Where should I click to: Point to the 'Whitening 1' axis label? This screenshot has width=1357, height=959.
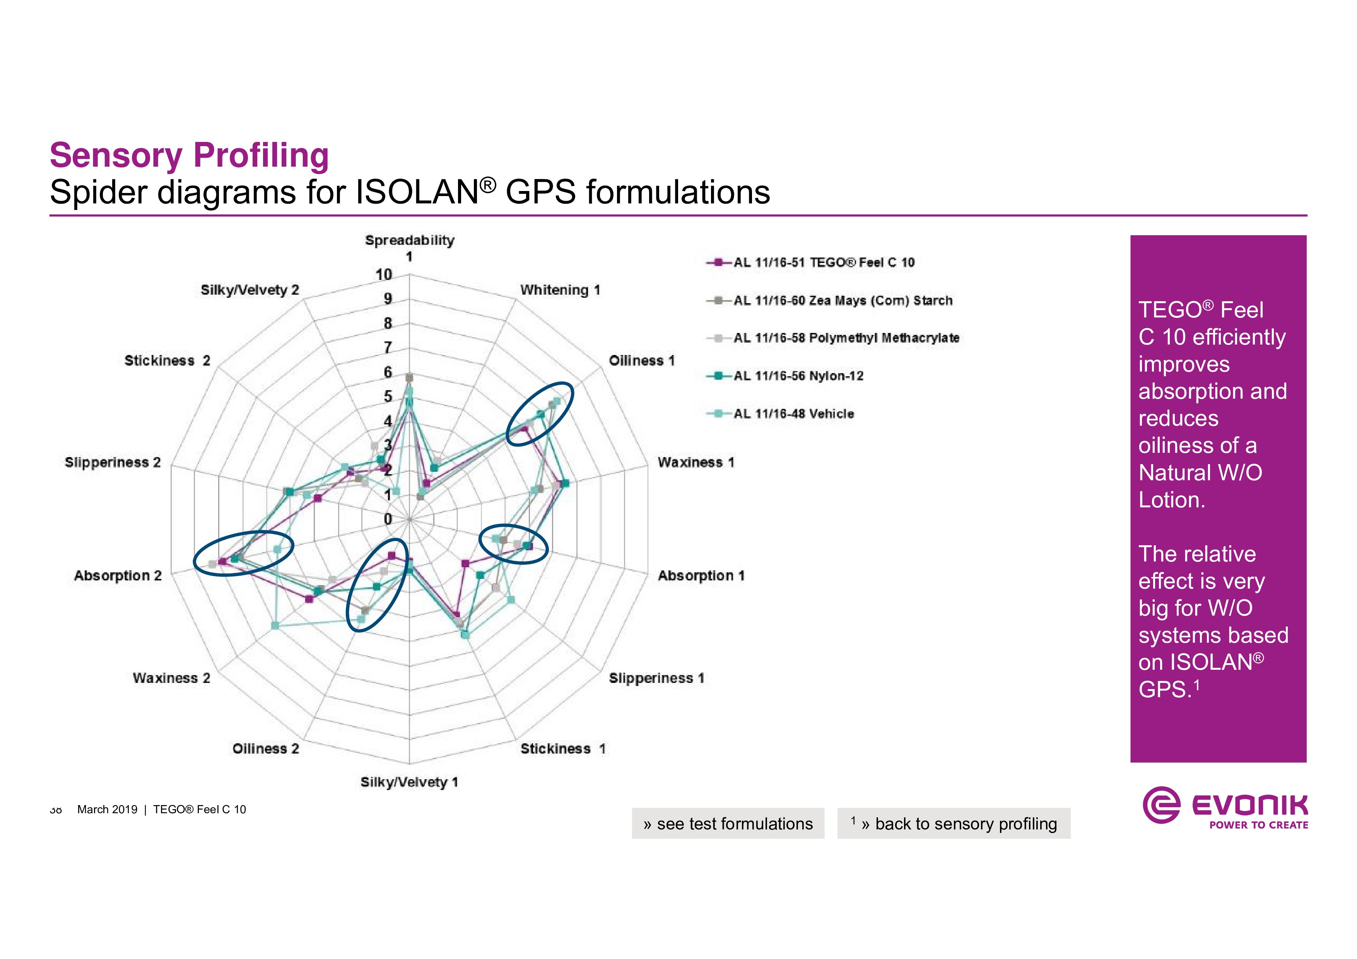[560, 290]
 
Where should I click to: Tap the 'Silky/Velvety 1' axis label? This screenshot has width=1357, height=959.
[409, 782]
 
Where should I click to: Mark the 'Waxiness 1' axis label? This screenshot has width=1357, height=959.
[696, 462]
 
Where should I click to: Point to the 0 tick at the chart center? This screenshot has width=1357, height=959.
[388, 519]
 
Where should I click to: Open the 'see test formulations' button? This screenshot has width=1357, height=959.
[728, 823]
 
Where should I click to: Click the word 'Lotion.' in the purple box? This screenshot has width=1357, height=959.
[1171, 500]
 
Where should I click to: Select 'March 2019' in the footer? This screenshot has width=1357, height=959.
[107, 809]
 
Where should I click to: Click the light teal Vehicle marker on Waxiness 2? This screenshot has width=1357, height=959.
[275, 625]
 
